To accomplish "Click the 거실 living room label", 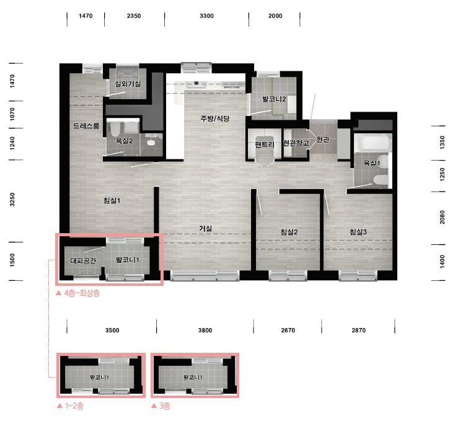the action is [205, 228].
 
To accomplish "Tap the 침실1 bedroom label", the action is [112, 201].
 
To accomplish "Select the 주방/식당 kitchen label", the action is [214, 118].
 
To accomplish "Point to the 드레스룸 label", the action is [86, 126].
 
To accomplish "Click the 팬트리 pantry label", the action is [265, 144].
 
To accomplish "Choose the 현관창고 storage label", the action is [296, 143].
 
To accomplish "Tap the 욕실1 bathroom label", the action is [372, 162].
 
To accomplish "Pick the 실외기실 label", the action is [128, 84].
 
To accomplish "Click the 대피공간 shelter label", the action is [83, 260].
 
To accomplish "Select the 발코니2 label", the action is [274, 99].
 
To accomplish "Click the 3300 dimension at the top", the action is [206, 16].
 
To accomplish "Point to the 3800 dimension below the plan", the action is [205, 330].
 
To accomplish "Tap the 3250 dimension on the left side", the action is [12, 200].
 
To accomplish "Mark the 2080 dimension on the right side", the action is [442, 217].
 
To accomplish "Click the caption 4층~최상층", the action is [78, 293].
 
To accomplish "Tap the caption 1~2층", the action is [70, 405].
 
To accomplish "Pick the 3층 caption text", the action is [161, 405].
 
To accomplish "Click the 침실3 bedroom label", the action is [358, 232].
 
